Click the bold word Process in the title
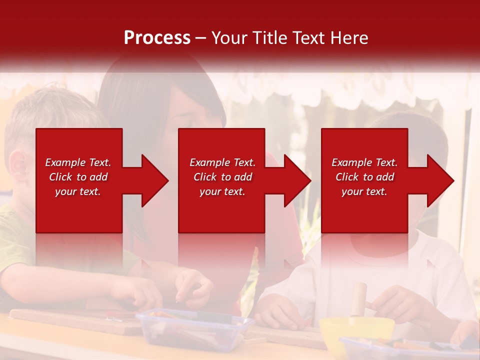point(157,38)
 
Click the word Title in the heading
point(269,38)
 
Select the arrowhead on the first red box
point(152,180)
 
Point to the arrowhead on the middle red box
point(295,180)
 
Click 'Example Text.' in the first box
point(78,162)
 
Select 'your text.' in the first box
point(78,191)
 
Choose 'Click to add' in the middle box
point(222,177)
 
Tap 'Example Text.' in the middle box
point(222,162)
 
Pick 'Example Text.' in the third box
point(364,162)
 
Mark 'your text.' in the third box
point(364,191)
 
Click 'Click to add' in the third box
point(364,177)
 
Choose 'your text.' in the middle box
point(222,191)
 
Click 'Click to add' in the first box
point(78,177)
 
